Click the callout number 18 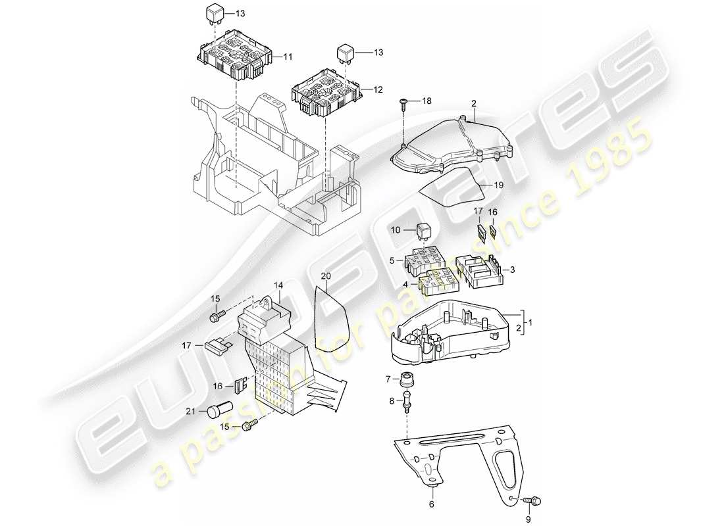[427, 101]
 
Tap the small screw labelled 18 [403, 103]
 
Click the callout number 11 [288, 57]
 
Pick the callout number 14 [278, 285]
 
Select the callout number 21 [190, 411]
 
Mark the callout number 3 [513, 270]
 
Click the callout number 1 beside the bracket [532, 323]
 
